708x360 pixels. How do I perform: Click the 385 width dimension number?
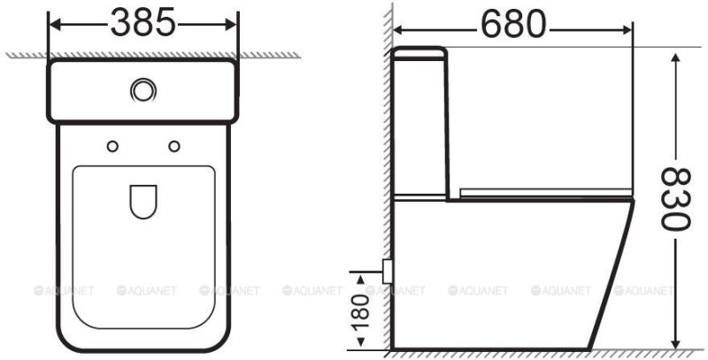point(142,24)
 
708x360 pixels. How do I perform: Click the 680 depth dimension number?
point(513,24)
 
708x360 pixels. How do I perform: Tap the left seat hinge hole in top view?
point(112,145)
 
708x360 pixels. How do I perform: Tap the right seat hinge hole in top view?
point(173,145)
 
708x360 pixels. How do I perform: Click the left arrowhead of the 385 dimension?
point(52,24)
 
